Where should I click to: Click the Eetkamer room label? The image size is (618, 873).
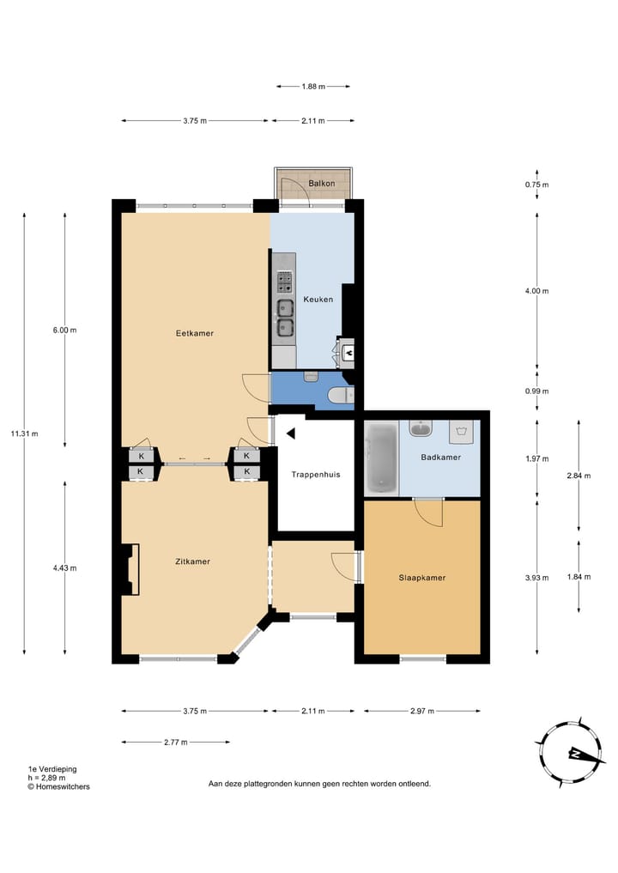194,334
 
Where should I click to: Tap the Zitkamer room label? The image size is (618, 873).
192,561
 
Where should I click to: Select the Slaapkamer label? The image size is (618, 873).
422,578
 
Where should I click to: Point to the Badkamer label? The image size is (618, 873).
441,457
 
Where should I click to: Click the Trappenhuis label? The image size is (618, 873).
316,475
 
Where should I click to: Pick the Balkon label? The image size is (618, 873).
322,183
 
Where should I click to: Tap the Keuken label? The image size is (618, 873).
318,300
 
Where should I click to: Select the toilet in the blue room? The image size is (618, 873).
340,396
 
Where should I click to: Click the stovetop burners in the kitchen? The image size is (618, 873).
286,282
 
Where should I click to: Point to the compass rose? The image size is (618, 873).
570,754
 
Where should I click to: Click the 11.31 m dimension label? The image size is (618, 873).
25,433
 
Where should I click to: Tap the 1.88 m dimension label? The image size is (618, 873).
313,87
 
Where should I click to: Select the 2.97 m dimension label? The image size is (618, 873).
422,711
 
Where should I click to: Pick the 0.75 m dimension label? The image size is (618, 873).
536,185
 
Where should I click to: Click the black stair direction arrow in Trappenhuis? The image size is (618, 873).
291,433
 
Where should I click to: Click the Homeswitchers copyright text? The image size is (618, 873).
59,786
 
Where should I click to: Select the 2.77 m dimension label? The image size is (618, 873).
176,743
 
